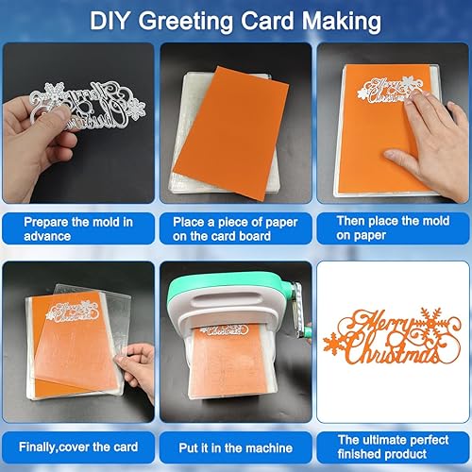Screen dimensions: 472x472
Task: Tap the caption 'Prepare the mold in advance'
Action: [78, 227]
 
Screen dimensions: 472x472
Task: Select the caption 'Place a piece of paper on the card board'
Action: [235, 227]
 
